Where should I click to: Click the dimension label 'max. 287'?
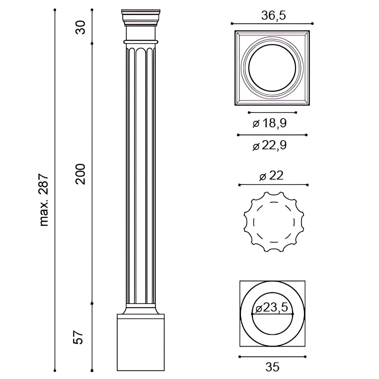click(x=44, y=200)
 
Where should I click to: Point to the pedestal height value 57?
click(x=78, y=337)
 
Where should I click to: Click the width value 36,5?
click(x=273, y=15)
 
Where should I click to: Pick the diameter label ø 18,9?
click(x=270, y=123)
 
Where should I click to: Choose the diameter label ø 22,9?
click(x=270, y=146)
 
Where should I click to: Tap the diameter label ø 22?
click(x=271, y=176)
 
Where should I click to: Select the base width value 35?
click(x=272, y=367)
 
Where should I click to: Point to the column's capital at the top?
click(x=141, y=18)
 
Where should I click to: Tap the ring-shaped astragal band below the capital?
click(x=141, y=42)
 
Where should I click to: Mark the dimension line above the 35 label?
click(x=272, y=357)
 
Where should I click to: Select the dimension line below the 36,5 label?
click(x=272, y=24)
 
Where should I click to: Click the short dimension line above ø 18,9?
click(x=272, y=112)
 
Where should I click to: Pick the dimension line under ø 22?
click(x=273, y=185)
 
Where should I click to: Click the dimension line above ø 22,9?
click(x=272, y=135)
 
